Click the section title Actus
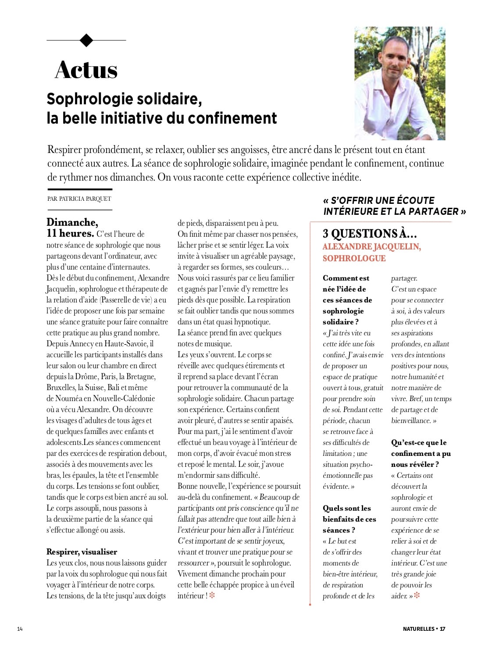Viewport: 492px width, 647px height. click(x=86, y=70)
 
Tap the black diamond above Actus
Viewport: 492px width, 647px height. click(x=86, y=40)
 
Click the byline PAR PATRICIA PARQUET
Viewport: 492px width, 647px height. click(x=79, y=199)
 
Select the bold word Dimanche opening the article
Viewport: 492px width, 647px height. click(x=72, y=222)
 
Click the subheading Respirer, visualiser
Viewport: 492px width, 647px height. click(x=82, y=552)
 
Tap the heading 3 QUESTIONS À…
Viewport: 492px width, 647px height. click(x=370, y=234)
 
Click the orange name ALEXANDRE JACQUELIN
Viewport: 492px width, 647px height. click(x=371, y=247)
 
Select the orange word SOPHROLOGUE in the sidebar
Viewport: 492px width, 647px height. click(x=354, y=258)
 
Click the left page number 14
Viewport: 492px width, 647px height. click(x=20, y=629)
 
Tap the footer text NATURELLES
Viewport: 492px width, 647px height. click(x=418, y=629)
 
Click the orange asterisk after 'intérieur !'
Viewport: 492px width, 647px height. click(x=212, y=596)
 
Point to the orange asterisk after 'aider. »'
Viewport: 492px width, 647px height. click(x=417, y=596)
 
